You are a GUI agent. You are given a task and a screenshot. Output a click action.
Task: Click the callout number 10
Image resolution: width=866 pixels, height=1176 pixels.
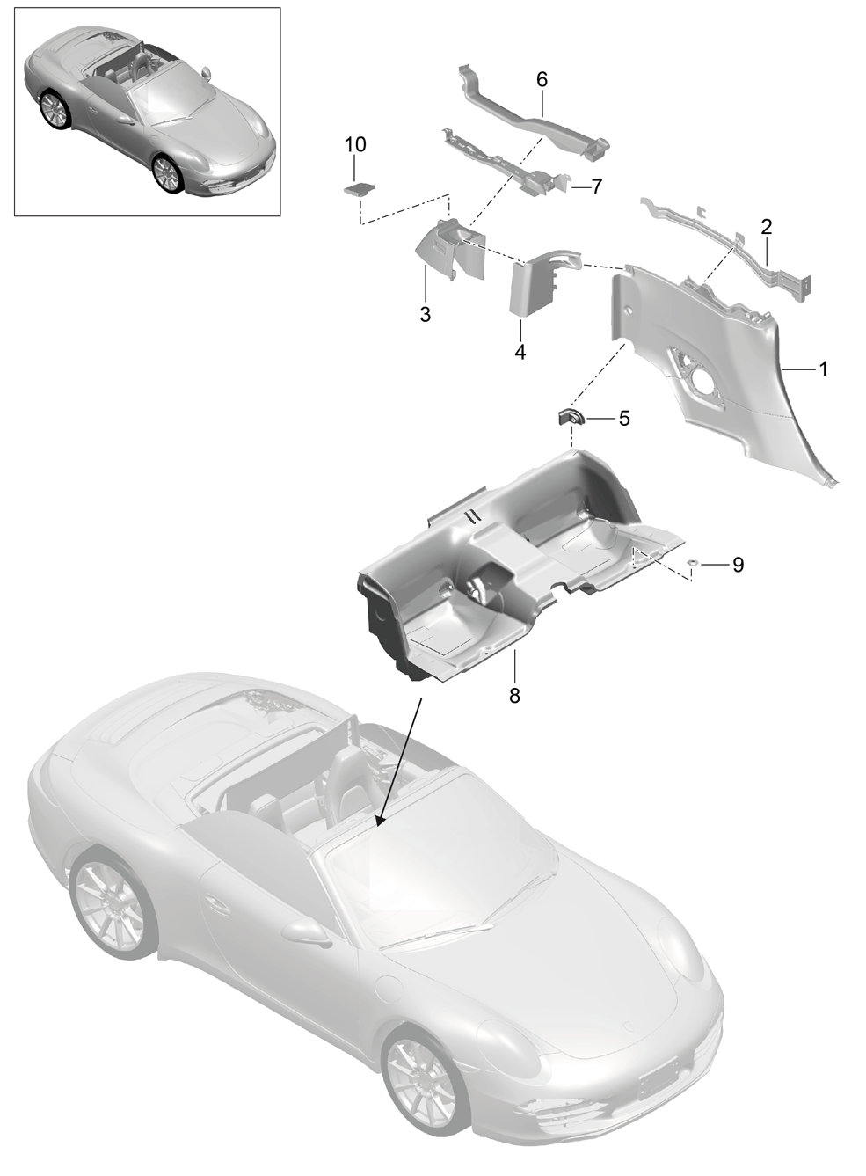click(x=355, y=144)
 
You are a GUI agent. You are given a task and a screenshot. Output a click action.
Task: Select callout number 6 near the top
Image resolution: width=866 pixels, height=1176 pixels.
click(x=542, y=80)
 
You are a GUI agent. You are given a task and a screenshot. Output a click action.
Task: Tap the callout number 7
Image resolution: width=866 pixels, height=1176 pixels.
click(x=596, y=186)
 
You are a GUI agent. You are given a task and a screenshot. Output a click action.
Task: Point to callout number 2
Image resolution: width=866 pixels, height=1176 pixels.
click(x=767, y=227)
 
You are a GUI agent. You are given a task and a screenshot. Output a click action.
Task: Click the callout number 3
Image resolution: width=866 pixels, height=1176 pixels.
click(x=426, y=315)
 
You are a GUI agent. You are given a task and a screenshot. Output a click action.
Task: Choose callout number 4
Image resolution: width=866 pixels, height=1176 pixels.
click(x=520, y=352)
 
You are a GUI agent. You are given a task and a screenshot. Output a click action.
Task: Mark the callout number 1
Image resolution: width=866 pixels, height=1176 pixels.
click(x=823, y=369)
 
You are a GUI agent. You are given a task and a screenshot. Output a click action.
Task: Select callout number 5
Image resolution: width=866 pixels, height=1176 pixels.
click(x=623, y=419)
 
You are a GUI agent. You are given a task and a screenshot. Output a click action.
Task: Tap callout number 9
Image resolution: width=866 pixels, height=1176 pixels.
click(x=738, y=565)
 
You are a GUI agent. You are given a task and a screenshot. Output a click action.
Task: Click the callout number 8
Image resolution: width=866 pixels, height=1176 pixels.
click(x=514, y=696)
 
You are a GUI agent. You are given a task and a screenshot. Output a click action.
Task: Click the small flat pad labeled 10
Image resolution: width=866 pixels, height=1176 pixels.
click(x=359, y=188)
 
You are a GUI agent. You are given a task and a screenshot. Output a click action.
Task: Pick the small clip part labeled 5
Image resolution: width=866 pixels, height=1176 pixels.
click(x=569, y=418)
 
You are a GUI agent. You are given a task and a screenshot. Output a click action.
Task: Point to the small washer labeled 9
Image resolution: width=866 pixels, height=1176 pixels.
click(x=693, y=563)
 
